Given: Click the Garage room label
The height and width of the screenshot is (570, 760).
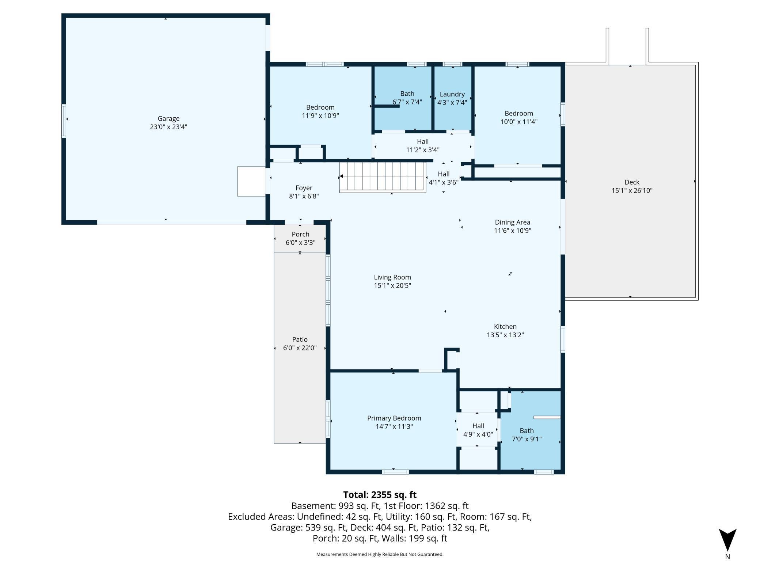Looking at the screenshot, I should [168, 118].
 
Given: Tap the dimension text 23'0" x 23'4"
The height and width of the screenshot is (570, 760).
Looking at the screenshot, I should [168, 127].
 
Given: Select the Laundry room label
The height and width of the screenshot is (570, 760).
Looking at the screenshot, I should [452, 94].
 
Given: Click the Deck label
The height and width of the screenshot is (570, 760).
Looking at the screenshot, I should [632, 182].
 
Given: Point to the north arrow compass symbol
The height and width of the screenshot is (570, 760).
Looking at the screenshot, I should [727, 540].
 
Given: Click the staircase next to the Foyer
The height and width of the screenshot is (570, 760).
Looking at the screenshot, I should [383, 176].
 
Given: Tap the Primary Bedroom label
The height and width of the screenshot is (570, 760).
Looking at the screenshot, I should [394, 418].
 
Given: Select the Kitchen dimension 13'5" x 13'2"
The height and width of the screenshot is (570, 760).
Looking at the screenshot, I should [505, 335].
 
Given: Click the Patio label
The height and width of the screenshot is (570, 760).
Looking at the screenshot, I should [300, 339].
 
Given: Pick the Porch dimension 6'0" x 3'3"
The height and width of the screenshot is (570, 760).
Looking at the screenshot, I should [300, 243].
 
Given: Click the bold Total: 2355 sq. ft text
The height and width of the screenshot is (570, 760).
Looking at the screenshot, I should [380, 495].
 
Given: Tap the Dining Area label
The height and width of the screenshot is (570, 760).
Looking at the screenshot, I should [512, 222].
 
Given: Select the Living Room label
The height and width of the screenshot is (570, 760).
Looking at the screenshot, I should [392, 277].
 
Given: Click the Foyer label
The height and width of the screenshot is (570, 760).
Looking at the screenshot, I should [304, 188].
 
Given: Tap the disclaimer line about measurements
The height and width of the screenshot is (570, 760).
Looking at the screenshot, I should [380, 554].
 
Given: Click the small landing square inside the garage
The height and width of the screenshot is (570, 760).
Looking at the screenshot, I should [251, 181].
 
